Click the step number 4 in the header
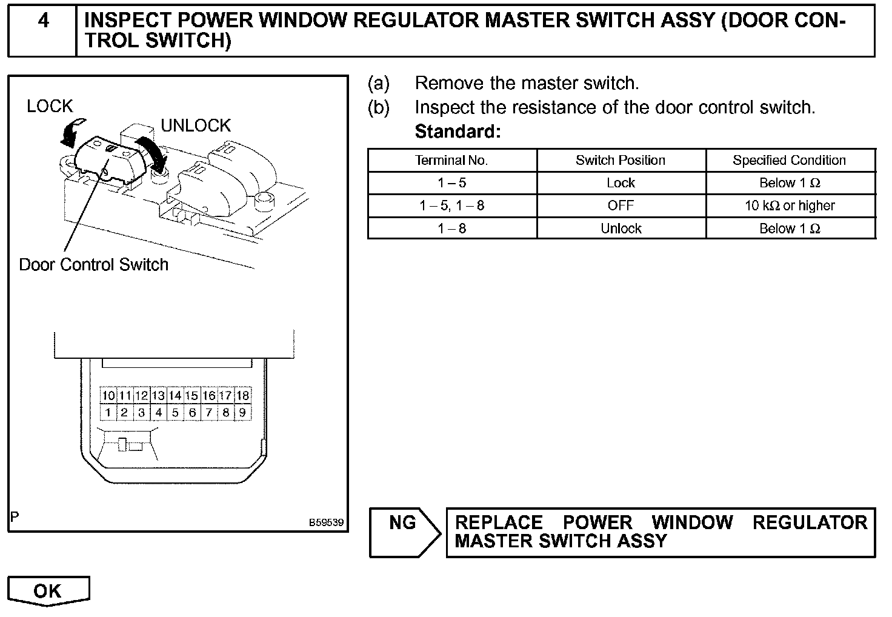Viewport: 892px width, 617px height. (x=43, y=21)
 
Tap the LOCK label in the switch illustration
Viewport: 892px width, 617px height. (x=50, y=107)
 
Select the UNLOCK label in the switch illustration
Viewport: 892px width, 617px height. (x=196, y=125)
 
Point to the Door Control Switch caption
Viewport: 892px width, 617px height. (x=94, y=265)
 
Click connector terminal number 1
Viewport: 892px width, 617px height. (x=108, y=413)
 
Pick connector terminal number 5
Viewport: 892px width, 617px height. (x=175, y=413)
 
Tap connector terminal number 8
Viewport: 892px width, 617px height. (x=225, y=413)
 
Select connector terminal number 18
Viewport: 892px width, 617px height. (x=242, y=396)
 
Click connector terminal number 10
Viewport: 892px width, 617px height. (x=108, y=396)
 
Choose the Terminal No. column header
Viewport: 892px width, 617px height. (x=451, y=161)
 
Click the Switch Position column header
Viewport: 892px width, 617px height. (x=621, y=161)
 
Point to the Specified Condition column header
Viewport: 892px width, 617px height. (x=789, y=161)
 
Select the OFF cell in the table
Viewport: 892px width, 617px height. (x=621, y=205)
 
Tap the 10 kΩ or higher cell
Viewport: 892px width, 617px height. (x=790, y=205)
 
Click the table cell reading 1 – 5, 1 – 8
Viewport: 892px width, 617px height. (x=451, y=205)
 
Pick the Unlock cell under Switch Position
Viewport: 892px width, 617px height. (x=621, y=228)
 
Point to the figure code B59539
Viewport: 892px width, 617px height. (x=326, y=522)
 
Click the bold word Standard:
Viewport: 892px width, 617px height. (x=458, y=132)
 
